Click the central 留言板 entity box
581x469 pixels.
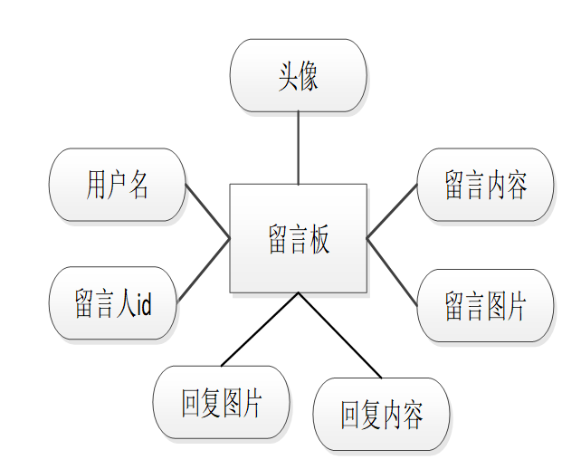click(298, 238)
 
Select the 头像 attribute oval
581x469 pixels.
click(298, 76)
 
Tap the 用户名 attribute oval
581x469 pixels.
click(117, 185)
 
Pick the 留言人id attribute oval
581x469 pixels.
click(112, 303)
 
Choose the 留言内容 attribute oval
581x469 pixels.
click(485, 185)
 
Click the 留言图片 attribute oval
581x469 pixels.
click(485, 305)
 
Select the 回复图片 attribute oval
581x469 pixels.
click(222, 402)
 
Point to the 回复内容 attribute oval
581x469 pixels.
click(381, 415)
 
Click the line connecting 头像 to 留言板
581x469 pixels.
click(298, 148)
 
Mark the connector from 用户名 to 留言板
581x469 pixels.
click(207, 211)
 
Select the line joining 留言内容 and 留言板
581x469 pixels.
click(392, 211)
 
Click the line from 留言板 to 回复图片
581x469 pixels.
click(260, 329)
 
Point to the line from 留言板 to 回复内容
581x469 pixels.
click(339, 334)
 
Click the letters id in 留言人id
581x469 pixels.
click(142, 304)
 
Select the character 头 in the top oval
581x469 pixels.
click(287, 76)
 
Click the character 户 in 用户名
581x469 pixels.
click(117, 185)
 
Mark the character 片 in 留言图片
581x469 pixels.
click(516, 306)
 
